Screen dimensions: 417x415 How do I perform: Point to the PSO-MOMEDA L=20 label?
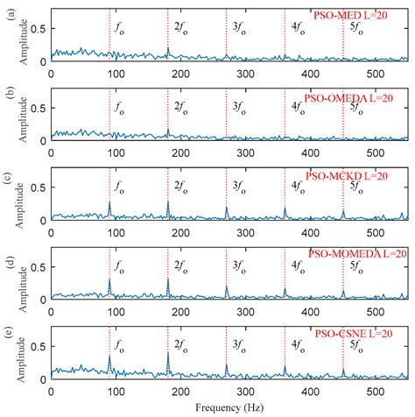pyautogui.click(x=358, y=254)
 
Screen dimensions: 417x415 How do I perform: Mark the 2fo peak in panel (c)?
pyautogui.click(x=168, y=203)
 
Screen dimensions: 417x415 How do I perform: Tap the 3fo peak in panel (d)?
pyautogui.click(x=226, y=286)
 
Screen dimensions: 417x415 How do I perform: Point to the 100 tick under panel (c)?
pyautogui.click(x=109, y=233)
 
